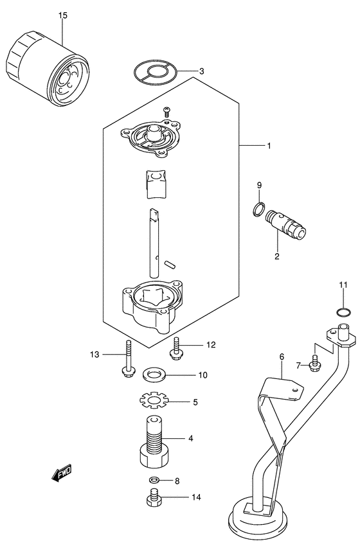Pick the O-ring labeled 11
[x=343, y=313]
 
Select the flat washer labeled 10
[x=152, y=374]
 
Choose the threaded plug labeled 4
[x=154, y=444]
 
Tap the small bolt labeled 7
[x=314, y=364]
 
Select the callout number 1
[x=268, y=146]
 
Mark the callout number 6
[x=281, y=357]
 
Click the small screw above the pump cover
[x=166, y=112]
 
